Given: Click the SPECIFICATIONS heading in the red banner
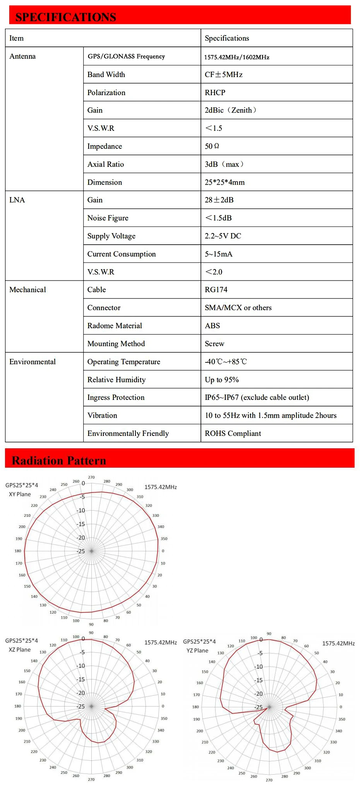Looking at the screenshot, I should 65,17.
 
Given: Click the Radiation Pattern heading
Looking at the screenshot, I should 59,460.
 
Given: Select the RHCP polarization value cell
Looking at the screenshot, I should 215,93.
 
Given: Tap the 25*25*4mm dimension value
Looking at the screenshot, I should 225,182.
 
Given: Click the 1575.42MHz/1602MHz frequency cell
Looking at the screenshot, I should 237,57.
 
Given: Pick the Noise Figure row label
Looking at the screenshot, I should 108,218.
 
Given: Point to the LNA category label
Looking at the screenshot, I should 17,200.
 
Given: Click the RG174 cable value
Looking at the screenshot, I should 216,290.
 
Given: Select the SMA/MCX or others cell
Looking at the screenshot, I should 238,308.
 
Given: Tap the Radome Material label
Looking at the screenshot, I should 115,326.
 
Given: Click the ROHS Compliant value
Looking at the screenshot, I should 233,433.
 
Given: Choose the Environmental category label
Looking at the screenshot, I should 33,362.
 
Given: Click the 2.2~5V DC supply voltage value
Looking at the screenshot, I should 223,236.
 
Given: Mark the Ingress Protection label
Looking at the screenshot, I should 116,397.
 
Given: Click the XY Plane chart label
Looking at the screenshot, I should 20,494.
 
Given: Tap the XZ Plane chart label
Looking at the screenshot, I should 20,650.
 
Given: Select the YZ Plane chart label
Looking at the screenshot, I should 197,650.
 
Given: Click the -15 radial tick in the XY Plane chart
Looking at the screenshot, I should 81,524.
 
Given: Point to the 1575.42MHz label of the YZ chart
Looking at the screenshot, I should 338,643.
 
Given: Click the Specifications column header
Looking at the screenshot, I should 227,38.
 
